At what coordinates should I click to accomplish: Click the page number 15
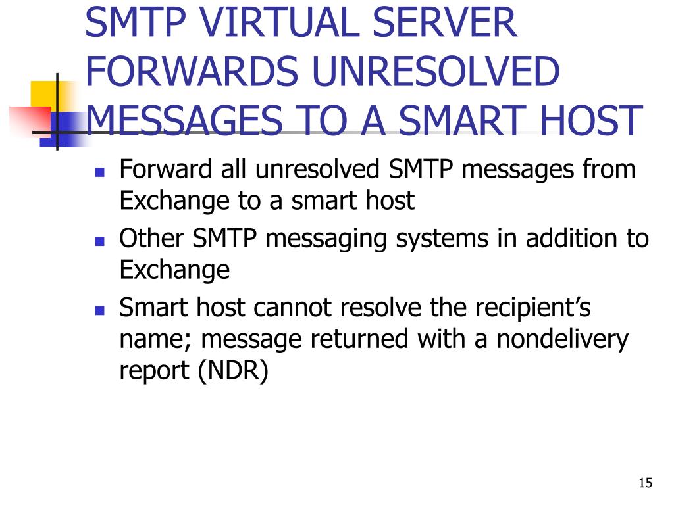click(x=645, y=483)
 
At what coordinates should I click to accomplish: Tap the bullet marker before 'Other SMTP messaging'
click(x=100, y=241)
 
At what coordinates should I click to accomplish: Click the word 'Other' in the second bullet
click(x=152, y=238)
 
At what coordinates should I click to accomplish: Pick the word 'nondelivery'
click(x=563, y=340)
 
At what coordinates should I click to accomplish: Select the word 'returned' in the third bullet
click(x=365, y=340)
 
